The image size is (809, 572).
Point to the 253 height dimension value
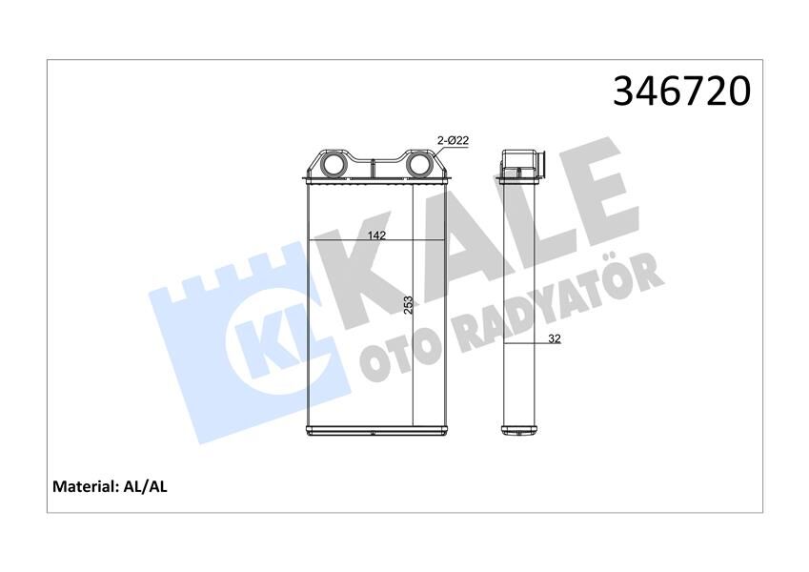(x=408, y=305)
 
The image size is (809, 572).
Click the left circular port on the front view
(x=335, y=166)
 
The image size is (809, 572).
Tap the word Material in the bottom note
(x=83, y=486)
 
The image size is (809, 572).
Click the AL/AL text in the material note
(x=146, y=486)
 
